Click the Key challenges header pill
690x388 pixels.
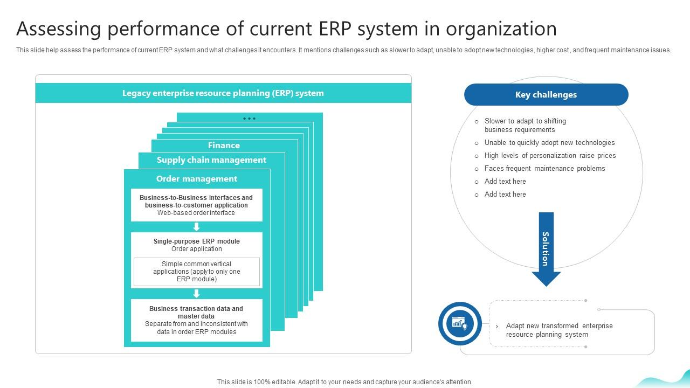546,95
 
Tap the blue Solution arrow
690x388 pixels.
546,248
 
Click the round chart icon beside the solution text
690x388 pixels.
460,324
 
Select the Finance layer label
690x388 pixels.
224,145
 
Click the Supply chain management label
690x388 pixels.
211,160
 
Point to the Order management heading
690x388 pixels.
197,179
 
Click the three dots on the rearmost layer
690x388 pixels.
249,119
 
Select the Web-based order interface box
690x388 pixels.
196,205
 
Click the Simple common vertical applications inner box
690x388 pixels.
197,272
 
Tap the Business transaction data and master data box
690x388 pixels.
196,320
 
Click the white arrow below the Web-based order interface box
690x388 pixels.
197,227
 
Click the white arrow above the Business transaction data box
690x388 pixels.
197,294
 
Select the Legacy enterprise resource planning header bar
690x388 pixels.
223,93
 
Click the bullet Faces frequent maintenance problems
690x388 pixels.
544,169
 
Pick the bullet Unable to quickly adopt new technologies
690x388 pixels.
549,143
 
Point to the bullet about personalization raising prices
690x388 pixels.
550,156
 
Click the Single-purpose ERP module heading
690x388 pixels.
197,241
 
